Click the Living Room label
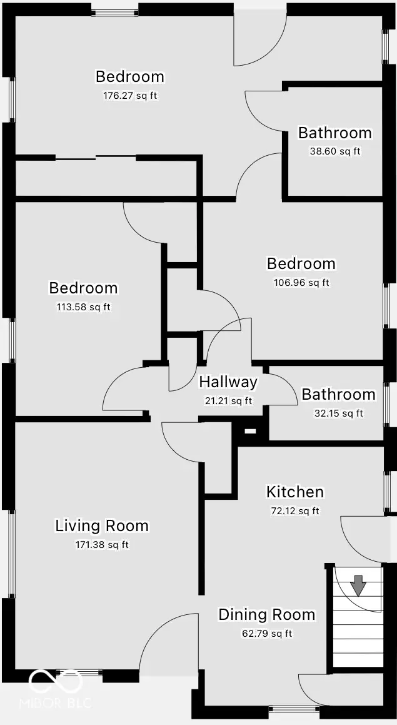point(102,525)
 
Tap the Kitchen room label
point(295,492)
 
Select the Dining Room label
point(266,615)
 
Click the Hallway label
point(228,382)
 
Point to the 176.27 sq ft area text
point(130,96)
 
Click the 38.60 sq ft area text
point(334,151)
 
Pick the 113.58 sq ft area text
point(84,307)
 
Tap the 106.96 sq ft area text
point(301,283)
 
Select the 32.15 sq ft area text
point(338,413)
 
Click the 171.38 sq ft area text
point(102,545)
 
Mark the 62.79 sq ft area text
point(266,634)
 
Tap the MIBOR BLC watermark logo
point(61,689)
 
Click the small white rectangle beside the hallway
point(250,431)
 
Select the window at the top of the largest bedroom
point(116,11)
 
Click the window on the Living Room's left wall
point(11,554)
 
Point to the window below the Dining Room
point(297,709)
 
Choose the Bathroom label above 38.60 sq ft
point(334,133)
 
